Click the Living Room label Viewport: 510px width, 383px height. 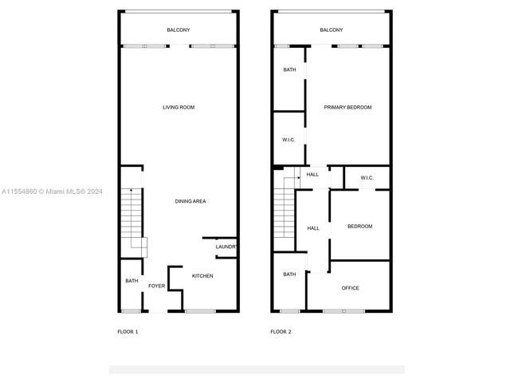tap(178, 107)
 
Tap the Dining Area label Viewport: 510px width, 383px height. tap(190, 201)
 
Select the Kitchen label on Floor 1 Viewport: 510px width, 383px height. tap(202, 276)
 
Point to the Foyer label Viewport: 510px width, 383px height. tap(156, 286)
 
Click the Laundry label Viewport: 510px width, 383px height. tap(226, 247)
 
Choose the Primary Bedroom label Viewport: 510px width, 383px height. tap(347, 107)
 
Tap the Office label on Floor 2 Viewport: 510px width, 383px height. tap(351, 288)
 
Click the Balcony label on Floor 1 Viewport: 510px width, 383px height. tap(178, 30)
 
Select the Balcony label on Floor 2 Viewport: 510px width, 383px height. tap(331, 30)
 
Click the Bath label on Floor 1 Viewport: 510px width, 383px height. tap(131, 281)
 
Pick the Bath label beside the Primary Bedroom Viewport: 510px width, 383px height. tap(289, 69)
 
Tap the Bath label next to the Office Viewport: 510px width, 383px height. tap(289, 274)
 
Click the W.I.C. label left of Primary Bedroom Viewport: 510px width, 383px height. tap(288, 140)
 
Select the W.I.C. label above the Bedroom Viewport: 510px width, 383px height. tap(367, 178)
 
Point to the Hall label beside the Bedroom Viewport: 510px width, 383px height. tap(313, 228)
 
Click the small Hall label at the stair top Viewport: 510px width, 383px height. tap(312, 175)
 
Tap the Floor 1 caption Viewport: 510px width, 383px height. tap(127, 332)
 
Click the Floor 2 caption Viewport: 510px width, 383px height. tap(280, 332)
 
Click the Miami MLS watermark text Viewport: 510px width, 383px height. tap(52, 191)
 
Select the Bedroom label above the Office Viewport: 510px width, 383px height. tap(359, 227)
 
